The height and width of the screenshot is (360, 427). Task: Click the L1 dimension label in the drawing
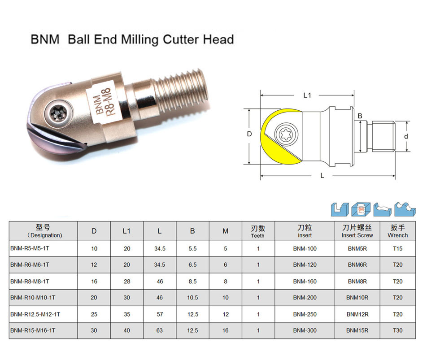coord(307,95)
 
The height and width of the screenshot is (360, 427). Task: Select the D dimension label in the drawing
coord(249,134)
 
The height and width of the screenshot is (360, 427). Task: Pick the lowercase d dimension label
coord(406,136)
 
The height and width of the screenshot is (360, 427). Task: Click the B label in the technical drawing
coord(360,116)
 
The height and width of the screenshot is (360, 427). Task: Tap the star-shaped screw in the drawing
coord(286,134)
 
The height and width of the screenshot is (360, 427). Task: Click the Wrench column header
coord(397,231)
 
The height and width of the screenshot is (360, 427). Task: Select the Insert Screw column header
coord(357,231)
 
